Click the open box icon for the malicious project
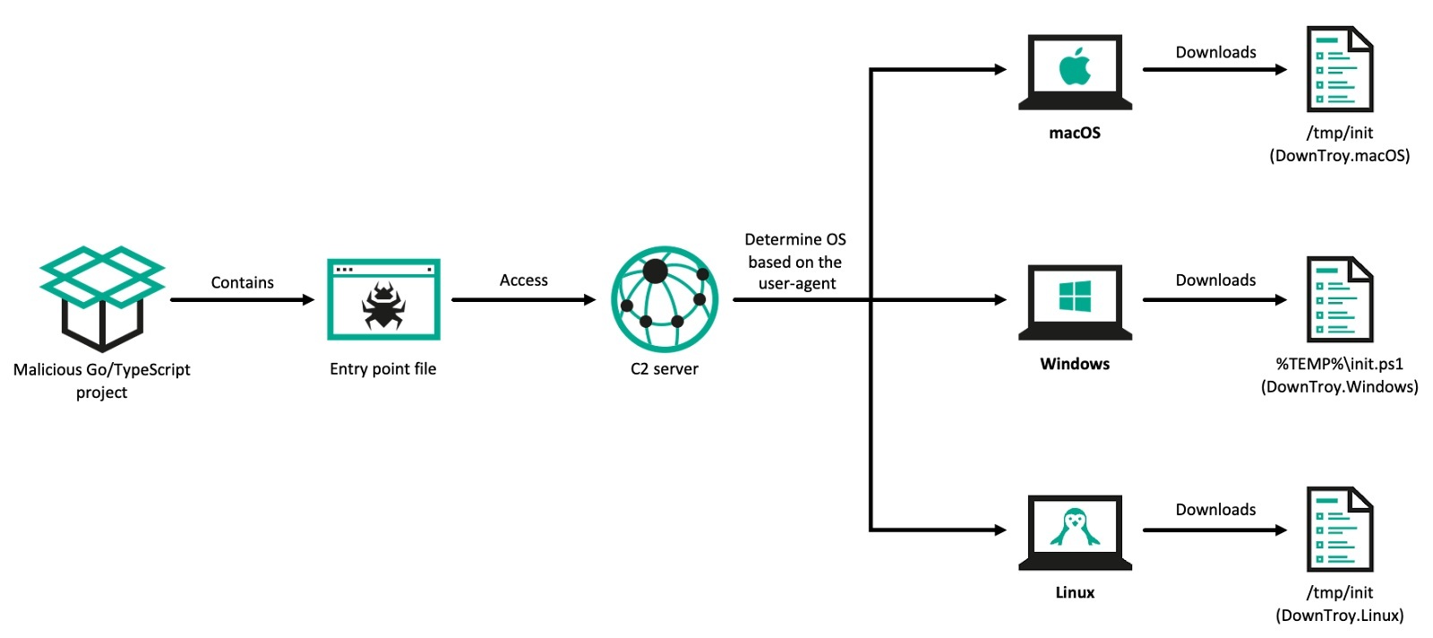tap(102, 297)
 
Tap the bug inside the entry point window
tap(383, 306)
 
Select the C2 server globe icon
tap(664, 299)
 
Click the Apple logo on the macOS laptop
tap(1075, 66)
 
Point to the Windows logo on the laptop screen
tap(1075, 296)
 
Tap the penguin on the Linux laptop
tap(1075, 527)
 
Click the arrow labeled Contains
tap(242, 299)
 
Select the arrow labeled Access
tap(523, 299)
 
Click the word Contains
tap(242, 282)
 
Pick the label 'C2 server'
tap(664, 368)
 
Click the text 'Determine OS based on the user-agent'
tap(795, 262)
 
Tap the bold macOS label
tap(1075, 133)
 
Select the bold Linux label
tap(1075, 592)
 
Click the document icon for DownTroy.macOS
tap(1339, 69)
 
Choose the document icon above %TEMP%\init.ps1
tap(1339, 299)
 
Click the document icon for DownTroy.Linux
tap(1339, 529)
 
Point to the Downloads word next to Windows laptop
tap(1215, 280)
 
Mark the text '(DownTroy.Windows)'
tap(1339, 387)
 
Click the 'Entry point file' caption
tap(382, 368)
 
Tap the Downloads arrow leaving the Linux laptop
tap(1214, 530)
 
